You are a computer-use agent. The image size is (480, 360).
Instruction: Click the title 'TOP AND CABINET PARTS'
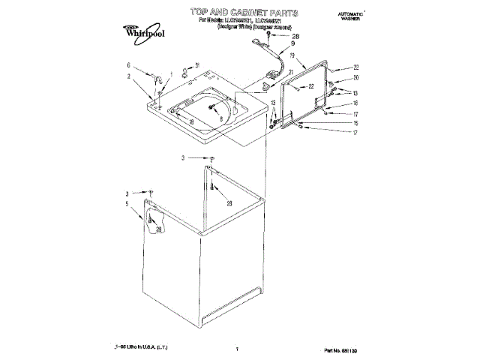[244, 13]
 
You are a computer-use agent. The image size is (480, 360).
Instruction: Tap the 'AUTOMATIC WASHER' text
[349, 17]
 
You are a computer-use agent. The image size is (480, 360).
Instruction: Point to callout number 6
[128, 65]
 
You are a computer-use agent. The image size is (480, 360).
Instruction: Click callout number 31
[197, 65]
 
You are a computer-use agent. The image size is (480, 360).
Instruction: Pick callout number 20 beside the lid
[356, 78]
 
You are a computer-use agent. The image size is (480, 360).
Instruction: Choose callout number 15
[356, 123]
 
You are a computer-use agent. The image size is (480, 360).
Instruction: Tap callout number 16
[356, 103]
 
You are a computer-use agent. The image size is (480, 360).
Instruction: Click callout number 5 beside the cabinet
[127, 204]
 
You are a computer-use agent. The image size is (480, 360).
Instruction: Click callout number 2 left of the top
[128, 76]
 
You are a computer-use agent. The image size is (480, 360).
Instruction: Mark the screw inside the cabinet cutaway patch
[151, 220]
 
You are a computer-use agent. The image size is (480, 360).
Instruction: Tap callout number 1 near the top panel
[171, 73]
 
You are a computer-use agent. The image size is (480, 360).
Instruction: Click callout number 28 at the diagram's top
[295, 36]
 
